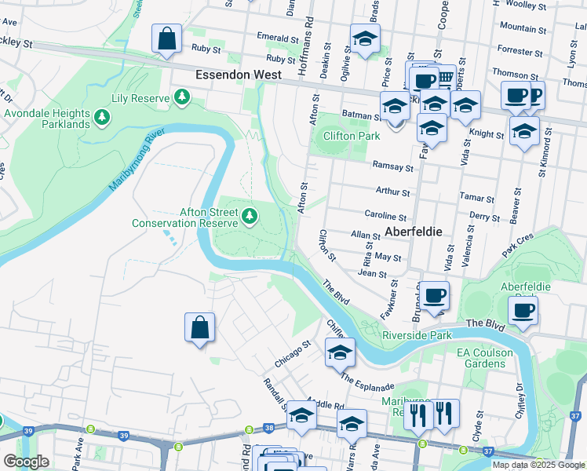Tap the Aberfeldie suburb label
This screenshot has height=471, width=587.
click(x=414, y=232)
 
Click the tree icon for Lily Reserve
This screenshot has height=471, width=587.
click(x=182, y=97)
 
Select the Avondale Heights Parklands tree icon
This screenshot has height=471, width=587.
click(x=101, y=118)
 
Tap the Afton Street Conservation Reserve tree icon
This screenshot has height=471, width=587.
click(x=250, y=215)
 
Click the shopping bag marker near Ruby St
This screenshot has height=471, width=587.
click(x=167, y=39)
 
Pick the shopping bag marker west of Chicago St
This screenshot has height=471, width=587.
click(x=200, y=327)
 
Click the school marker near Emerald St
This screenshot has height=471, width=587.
click(x=365, y=40)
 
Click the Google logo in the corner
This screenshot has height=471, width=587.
click(x=26, y=462)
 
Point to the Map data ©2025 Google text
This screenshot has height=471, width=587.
click(x=538, y=465)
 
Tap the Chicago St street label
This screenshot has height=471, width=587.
click(x=293, y=353)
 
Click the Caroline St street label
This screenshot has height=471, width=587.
click(x=385, y=214)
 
